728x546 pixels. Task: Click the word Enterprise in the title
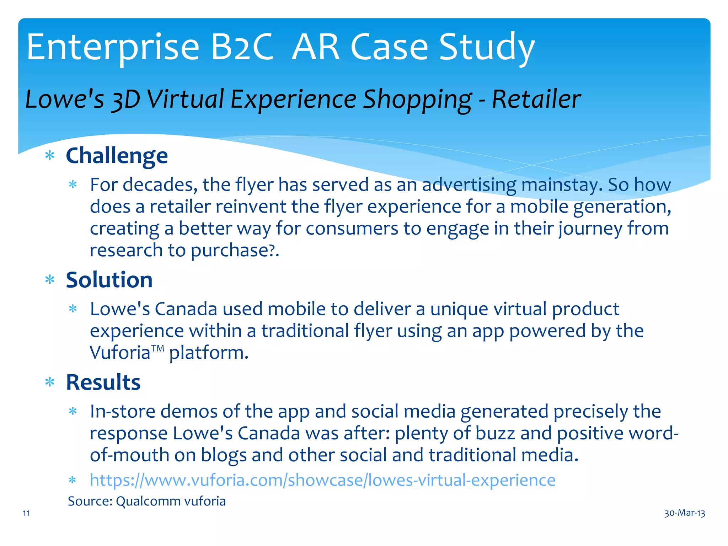[113, 47]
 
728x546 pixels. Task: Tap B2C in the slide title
[242, 47]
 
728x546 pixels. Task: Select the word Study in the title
[487, 47]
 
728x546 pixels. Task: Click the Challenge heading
[117, 156]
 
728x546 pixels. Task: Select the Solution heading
[109, 280]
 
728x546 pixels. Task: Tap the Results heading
[103, 382]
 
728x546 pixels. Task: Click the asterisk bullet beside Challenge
[50, 156]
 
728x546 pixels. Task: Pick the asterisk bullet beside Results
[50, 382]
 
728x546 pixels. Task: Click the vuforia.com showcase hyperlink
[322, 480]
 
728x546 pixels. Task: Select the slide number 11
[26, 513]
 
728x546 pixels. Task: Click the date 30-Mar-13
[685, 513]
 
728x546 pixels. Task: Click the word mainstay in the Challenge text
[562, 185]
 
